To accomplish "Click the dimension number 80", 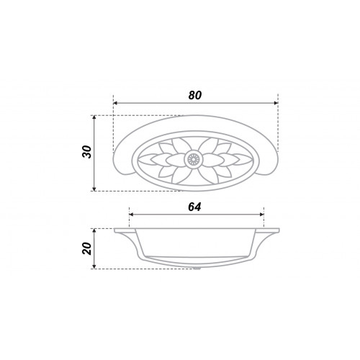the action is tap(195, 96).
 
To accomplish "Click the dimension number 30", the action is tap(87, 152).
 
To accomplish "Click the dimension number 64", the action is tap(194, 207).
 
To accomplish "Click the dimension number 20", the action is tap(87, 248).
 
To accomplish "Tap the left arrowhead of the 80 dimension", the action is tap(115, 103).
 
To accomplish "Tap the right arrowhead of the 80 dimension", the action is tap(276, 103).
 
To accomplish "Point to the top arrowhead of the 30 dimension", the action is tap(94, 117).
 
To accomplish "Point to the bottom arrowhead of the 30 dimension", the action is tap(94, 189).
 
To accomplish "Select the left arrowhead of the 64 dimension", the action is tap(131, 215).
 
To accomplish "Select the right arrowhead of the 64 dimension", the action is tap(262, 215).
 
